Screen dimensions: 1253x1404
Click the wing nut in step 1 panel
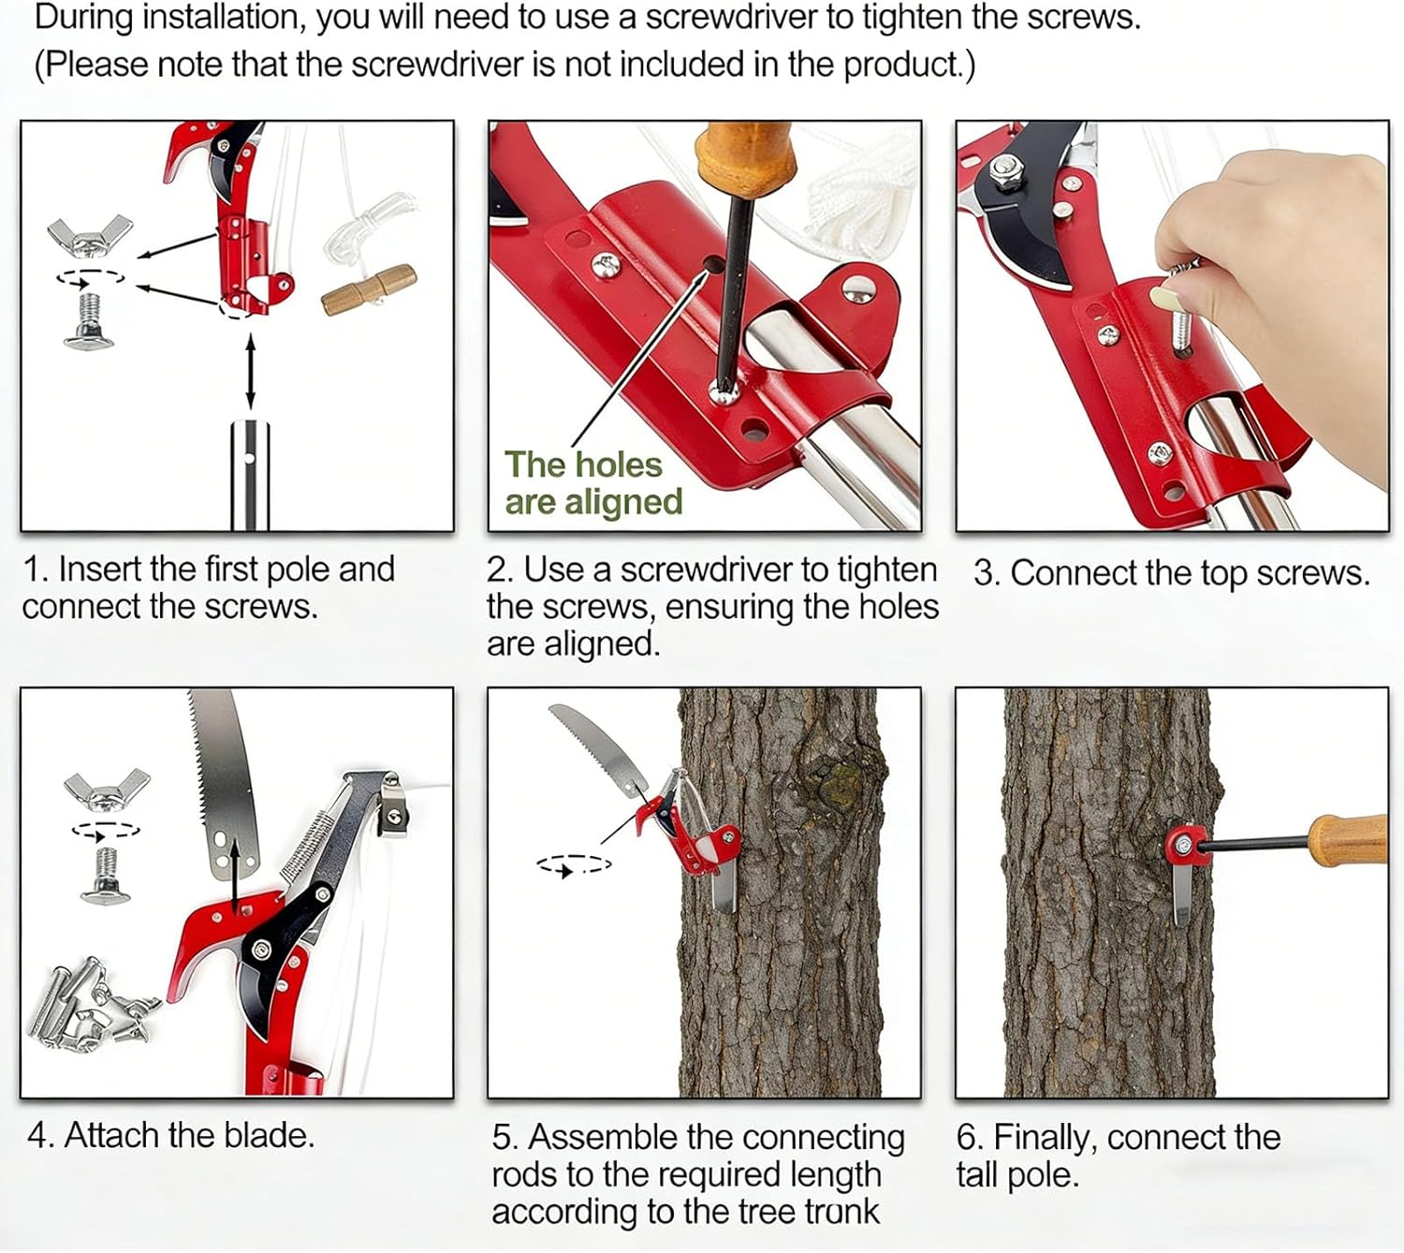point(89,237)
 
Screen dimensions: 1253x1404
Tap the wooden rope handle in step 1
point(368,289)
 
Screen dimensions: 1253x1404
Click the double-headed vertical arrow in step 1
point(250,371)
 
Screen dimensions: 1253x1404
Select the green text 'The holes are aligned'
point(593,483)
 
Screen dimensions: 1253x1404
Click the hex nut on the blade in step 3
point(1005,172)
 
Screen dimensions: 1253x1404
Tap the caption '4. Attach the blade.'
point(170,1135)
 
